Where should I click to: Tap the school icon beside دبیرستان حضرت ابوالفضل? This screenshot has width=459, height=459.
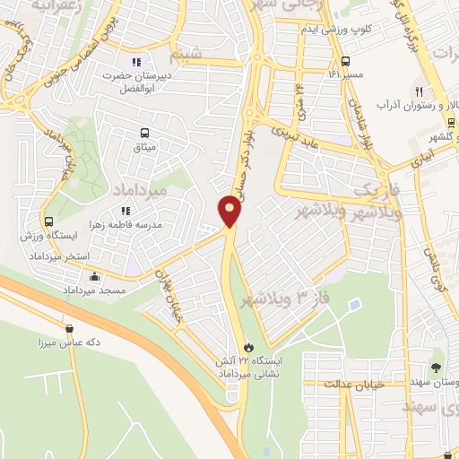[136, 62]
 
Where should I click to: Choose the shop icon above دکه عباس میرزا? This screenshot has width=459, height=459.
[70, 328]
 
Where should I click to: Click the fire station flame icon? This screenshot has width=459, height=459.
[248, 347]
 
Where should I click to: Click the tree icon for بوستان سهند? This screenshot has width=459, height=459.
[436, 368]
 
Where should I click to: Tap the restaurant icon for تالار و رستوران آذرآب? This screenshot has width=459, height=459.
[419, 91]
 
